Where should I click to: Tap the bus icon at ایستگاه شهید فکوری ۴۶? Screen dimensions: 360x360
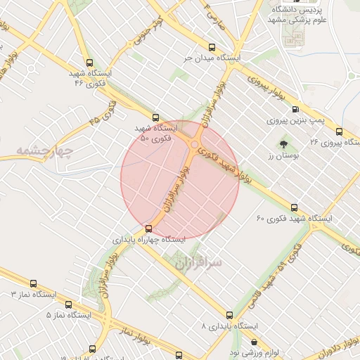click(x=89, y=63)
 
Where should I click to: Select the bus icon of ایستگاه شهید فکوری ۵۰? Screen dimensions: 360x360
click(x=155, y=118)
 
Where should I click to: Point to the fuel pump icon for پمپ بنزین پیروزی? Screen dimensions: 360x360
click(x=295, y=109)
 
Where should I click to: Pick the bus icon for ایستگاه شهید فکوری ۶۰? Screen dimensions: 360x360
click(x=294, y=207)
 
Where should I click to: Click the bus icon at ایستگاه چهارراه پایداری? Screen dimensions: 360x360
click(x=148, y=228)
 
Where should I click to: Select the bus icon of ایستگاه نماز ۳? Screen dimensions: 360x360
click(x=33, y=283)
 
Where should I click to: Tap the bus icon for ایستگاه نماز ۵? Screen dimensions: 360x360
click(x=68, y=304)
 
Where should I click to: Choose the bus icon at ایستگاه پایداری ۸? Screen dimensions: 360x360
click(x=229, y=315)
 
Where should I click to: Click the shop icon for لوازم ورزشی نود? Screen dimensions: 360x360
click(x=254, y=342)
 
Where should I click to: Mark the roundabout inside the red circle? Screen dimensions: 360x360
click(x=194, y=145)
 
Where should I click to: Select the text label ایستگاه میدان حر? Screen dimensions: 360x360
click(x=218, y=56)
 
